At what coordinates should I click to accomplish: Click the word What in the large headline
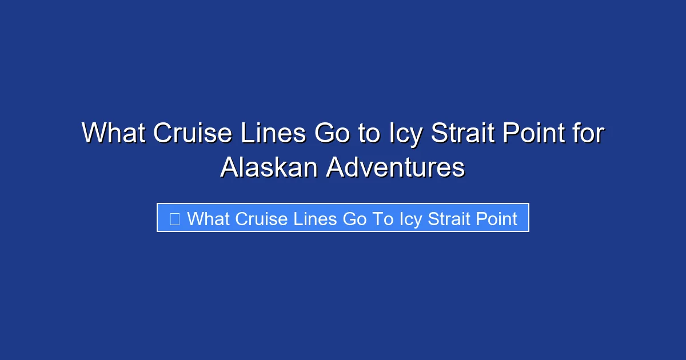click(x=114, y=134)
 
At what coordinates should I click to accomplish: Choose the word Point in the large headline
click(x=536, y=134)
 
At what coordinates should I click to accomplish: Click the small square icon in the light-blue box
click(x=175, y=218)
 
